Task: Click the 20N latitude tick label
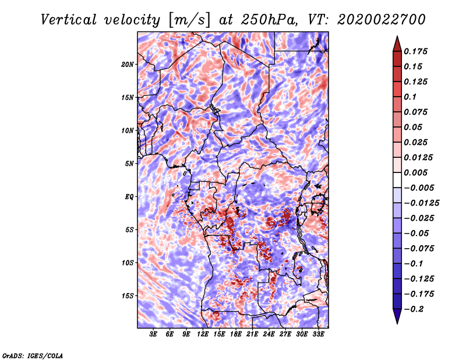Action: (128, 64)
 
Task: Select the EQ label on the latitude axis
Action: (129, 197)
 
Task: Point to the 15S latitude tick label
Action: (128, 296)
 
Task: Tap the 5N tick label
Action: (129, 164)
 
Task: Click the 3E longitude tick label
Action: (154, 334)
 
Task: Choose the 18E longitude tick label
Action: (236, 334)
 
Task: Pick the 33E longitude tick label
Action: (318, 334)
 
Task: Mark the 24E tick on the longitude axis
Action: (269, 334)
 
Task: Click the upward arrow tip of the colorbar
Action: (397, 37)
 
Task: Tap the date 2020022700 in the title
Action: (373, 20)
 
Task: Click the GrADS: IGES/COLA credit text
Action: (32, 355)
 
